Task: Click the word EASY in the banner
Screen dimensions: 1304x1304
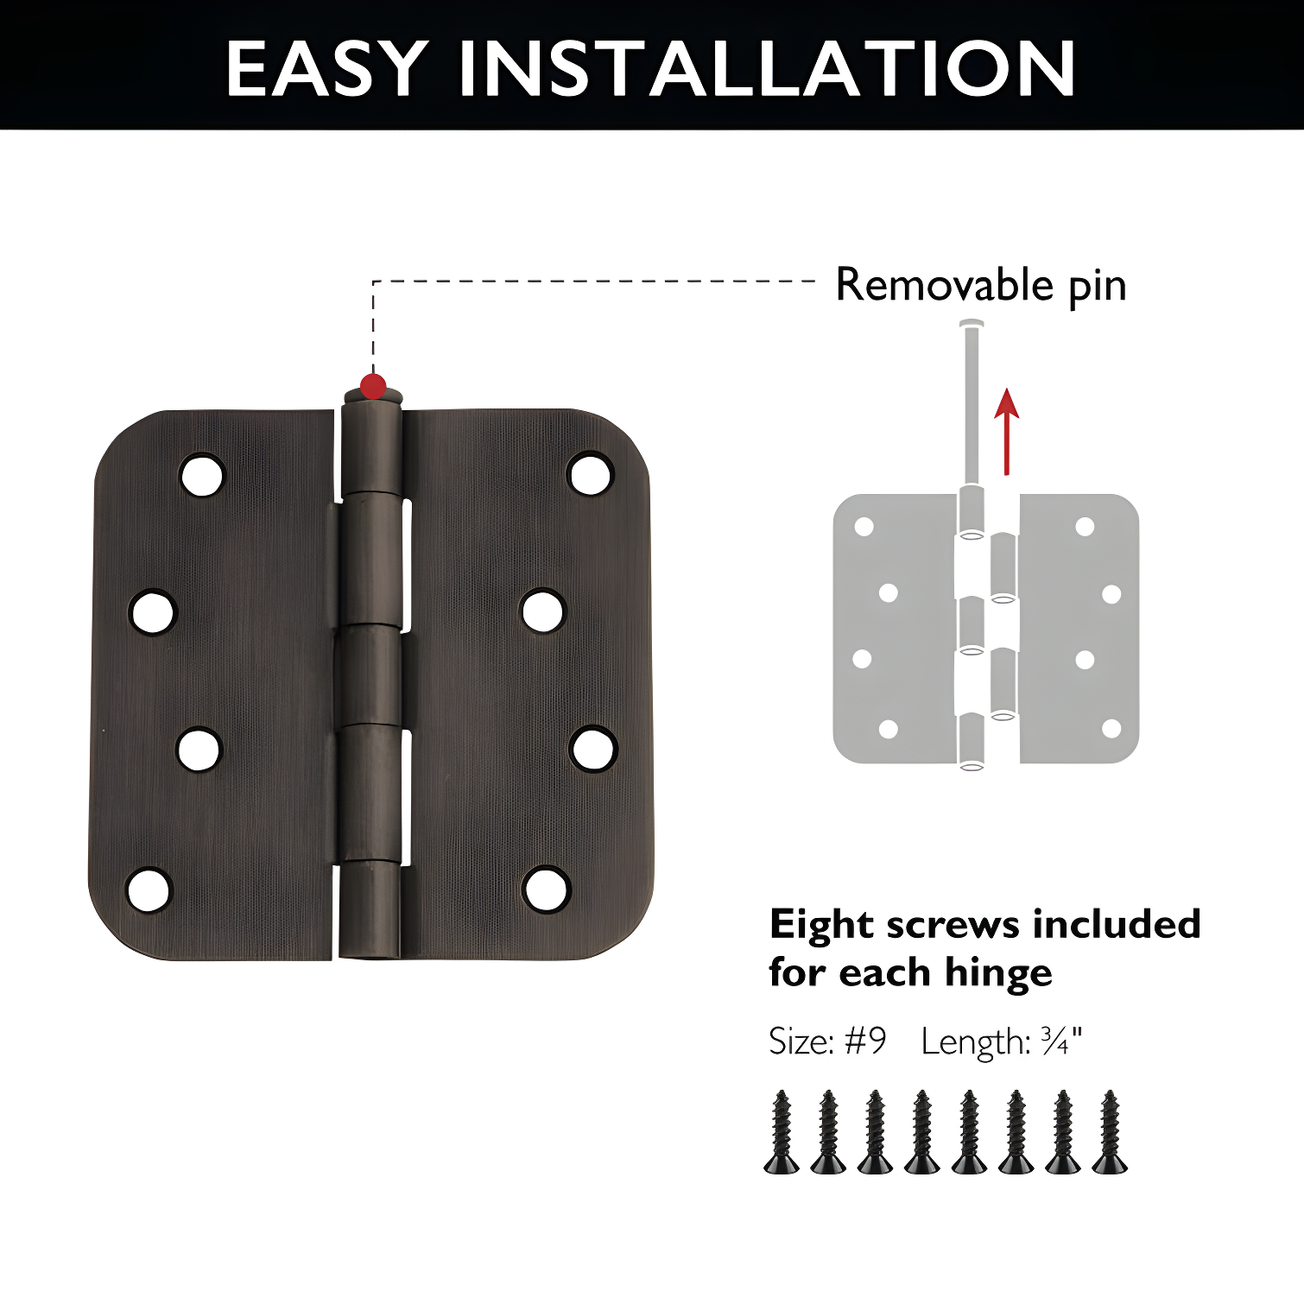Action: point(326,69)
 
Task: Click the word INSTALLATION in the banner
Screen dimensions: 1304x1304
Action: point(767,69)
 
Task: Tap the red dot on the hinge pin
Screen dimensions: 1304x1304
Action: point(373,386)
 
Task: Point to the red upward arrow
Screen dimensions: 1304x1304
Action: point(1006,432)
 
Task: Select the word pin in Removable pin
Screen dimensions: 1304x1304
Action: point(1098,286)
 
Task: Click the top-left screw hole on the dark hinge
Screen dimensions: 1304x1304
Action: point(202,475)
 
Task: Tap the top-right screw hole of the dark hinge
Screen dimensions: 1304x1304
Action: point(590,474)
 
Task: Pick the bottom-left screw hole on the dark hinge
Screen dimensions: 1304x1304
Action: point(149,889)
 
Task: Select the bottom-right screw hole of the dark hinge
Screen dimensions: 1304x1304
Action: point(547,889)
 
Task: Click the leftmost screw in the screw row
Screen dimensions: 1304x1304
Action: point(782,1132)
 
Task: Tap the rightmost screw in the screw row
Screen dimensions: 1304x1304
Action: point(1110,1132)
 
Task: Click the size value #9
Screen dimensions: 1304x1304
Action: point(864,1041)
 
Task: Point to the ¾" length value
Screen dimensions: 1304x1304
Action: point(1061,1041)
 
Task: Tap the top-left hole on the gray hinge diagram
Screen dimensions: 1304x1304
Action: point(864,527)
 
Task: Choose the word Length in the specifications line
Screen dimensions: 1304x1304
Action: point(975,1042)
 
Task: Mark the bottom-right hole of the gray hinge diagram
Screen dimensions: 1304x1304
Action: point(1111,729)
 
